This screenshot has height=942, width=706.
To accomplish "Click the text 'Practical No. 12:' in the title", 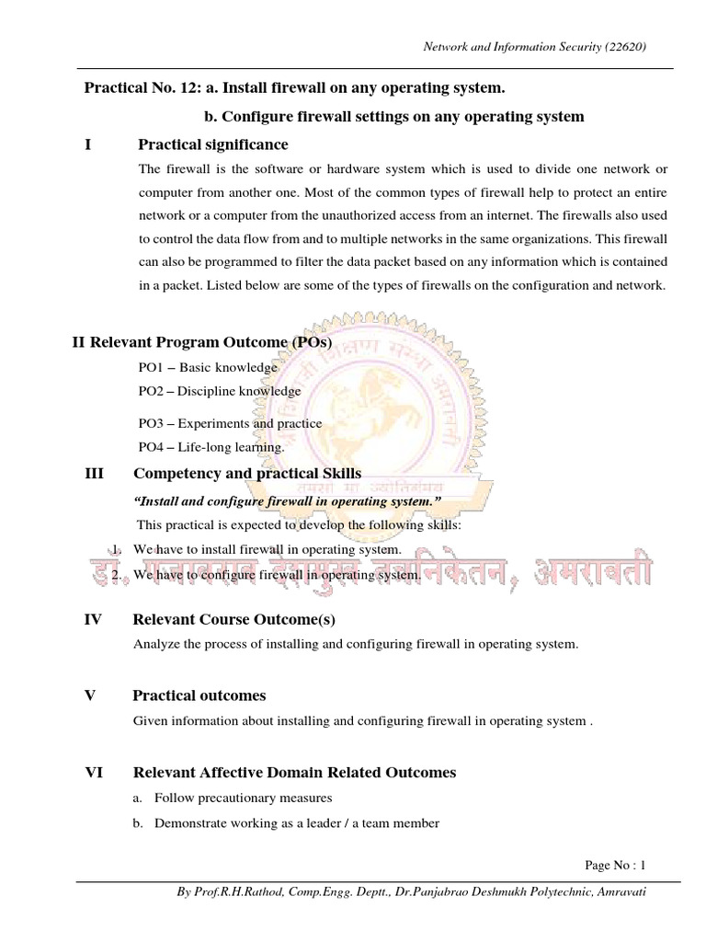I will (141, 88).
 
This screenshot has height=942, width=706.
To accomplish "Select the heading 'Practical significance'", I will (212, 144).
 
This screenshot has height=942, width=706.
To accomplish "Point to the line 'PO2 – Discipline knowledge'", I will (219, 391).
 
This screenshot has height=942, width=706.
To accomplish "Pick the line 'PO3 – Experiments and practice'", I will (230, 423).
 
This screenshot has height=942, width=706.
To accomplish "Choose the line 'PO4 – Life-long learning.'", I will (211, 447).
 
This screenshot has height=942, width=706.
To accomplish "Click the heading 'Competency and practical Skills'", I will (247, 474).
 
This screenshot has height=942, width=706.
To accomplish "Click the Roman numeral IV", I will (93, 620).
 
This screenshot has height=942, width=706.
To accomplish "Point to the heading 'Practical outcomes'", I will (199, 695).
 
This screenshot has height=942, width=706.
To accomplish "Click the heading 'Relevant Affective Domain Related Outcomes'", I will (294, 773).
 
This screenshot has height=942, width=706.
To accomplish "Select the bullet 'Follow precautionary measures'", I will (243, 798).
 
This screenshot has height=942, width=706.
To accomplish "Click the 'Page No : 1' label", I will (616, 865).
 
